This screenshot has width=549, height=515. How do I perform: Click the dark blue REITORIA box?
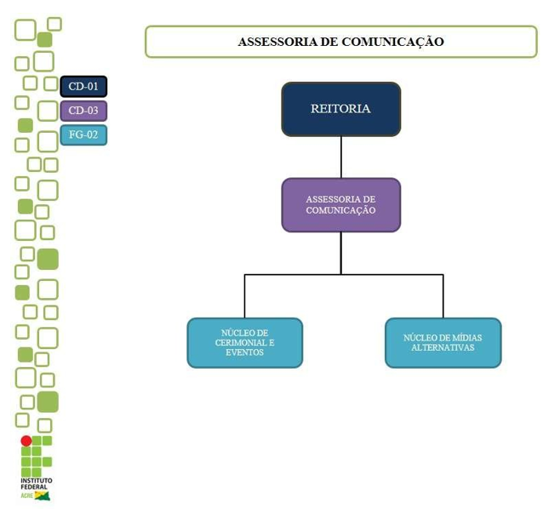340,109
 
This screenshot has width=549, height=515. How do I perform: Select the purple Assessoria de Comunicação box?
340,204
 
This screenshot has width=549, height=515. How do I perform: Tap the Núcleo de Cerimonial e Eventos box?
244,342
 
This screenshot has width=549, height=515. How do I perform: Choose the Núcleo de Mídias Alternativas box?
443,342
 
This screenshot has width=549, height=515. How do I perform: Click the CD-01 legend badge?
83,86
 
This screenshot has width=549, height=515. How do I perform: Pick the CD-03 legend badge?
83,111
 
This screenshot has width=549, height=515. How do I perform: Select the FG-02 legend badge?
83,134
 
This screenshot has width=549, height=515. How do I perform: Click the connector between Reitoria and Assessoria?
340,157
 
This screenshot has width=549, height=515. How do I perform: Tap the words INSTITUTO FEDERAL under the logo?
36,484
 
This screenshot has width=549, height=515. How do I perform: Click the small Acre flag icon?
42,495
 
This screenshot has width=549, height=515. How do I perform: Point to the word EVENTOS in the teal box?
245,352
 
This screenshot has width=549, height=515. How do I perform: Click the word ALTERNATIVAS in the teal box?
443,347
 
